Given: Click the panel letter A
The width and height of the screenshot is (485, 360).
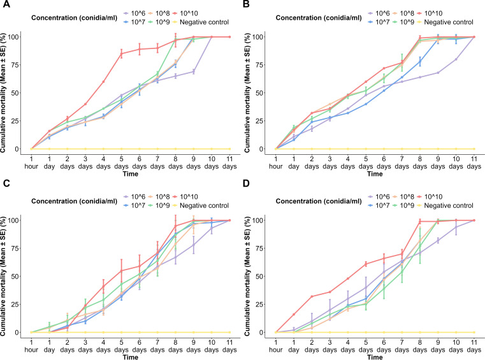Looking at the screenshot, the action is [6, 4].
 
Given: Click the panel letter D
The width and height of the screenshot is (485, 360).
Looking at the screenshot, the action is [246, 184].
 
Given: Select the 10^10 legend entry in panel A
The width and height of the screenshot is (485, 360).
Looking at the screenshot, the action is [185, 13].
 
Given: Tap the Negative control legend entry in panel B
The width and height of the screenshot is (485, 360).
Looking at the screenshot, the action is [445, 22].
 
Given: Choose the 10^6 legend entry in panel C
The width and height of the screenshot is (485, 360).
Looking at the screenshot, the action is [134, 197].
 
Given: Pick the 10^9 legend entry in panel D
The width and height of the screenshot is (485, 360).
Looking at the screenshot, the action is [403, 205].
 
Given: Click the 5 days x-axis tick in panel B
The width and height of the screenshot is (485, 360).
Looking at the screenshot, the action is [366, 162].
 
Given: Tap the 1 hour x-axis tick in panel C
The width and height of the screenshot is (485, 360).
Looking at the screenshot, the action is [31, 346].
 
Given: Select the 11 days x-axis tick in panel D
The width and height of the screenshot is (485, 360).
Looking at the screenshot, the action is [474, 346].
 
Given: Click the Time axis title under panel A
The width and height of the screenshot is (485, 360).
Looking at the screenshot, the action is [130, 174].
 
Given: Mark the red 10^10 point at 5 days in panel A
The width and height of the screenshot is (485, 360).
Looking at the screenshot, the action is [121, 54].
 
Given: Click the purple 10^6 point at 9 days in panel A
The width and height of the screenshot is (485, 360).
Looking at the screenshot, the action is [193, 72].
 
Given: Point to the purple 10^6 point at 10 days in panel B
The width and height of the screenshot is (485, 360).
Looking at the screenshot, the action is [456, 59].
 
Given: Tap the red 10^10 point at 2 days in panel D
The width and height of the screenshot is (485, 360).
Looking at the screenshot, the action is [312, 296].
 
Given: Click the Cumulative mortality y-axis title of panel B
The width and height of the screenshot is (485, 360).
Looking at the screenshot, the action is [247, 93].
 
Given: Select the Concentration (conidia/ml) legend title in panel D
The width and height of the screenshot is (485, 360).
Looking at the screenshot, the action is [319, 201].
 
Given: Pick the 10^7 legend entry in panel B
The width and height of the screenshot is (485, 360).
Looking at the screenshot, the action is [379, 22].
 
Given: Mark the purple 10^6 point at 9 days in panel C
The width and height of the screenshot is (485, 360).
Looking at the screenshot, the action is [193, 245].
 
